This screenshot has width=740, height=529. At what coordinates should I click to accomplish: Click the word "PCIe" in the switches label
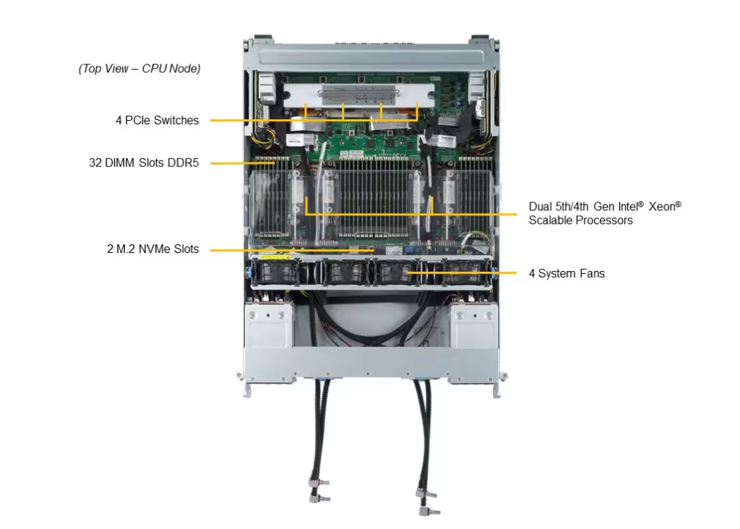coord(138,121)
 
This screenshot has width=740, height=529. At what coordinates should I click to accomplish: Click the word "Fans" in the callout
coord(593,274)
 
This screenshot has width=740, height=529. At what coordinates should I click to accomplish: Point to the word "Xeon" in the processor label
coord(662,207)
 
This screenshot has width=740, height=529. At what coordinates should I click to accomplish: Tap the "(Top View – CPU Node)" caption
coord(139,69)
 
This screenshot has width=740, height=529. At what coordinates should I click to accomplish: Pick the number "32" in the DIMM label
coord(95,163)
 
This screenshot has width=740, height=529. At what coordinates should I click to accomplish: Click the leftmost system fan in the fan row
coord(275,272)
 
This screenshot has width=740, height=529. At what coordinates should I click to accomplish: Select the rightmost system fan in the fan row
coord(465,272)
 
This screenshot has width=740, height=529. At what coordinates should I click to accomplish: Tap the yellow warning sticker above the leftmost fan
coord(275,258)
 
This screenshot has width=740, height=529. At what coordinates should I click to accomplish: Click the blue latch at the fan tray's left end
coord(247,272)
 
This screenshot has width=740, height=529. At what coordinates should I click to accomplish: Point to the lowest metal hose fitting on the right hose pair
coord(429,511)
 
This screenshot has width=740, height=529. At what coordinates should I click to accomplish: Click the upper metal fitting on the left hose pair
coord(319,483)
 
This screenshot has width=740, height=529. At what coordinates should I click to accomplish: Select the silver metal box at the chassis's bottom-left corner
coord(269,325)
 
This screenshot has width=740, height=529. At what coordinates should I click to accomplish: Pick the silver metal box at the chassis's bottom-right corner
coord(473,325)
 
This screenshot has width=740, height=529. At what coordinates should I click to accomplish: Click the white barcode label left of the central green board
coord(295,141)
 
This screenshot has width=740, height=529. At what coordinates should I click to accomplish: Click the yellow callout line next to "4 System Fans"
coord(462,272)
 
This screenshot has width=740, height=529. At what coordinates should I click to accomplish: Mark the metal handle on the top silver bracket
coord(358,96)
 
